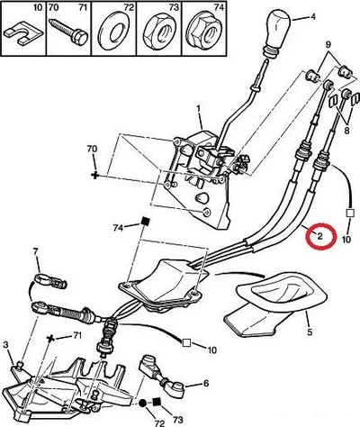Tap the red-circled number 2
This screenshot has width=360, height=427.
pos(319,236)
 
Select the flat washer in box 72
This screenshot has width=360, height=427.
pos(113,30)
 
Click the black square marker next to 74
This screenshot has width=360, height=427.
pos(145,222)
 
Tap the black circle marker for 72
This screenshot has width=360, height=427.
pos(142,403)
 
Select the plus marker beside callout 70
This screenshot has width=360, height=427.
pos(95,175)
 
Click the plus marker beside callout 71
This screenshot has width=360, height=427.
pos(51,339)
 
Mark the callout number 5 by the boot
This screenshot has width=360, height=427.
pos(310,332)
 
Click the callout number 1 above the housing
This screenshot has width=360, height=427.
pos(198,108)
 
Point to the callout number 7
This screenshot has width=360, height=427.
pos(36,252)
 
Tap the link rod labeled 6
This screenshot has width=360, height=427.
pos(158,371)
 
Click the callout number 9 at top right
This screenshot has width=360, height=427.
pos(328,45)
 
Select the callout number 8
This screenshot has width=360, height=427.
pos(346,131)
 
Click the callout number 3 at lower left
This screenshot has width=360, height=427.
pos(6,345)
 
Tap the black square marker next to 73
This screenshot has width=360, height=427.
pos(156,401)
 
